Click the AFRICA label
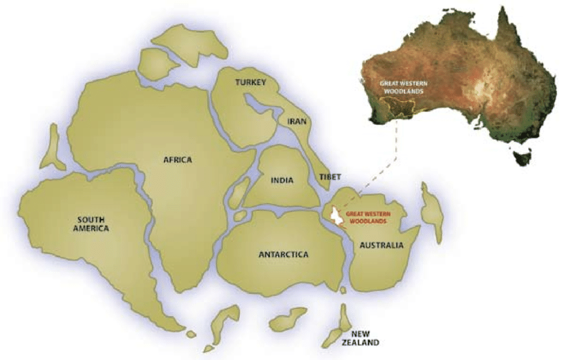(x=178, y=160)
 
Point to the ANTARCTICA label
(x=284, y=255)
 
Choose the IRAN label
(x=297, y=122)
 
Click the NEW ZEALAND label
(x=360, y=338)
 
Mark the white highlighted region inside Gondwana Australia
(x=336, y=217)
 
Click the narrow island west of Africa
(x=52, y=147)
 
